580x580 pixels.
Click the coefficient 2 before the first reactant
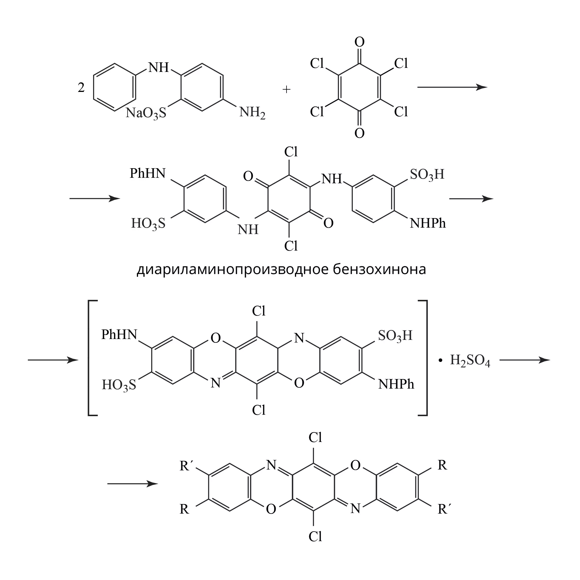(81, 87)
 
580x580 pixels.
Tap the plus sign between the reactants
(287, 89)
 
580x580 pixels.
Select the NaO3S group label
(146, 113)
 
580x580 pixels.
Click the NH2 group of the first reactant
(252, 113)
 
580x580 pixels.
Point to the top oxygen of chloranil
(359, 42)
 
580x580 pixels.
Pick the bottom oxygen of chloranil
(359, 133)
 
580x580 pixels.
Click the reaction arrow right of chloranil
(452, 87)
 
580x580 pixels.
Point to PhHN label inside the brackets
(119, 335)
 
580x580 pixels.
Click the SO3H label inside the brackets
(395, 336)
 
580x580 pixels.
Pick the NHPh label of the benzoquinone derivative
(428, 223)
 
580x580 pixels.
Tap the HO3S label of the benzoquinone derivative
(148, 224)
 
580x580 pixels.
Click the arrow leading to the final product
(133, 484)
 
